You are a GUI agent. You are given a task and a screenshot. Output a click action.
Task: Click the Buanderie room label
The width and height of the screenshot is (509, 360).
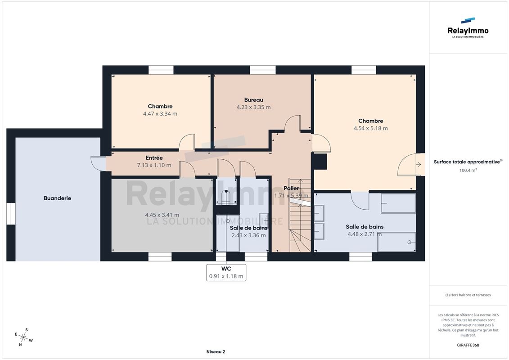[x=58, y=198]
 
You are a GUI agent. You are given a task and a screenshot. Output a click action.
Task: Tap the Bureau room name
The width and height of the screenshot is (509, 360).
[x=253, y=100]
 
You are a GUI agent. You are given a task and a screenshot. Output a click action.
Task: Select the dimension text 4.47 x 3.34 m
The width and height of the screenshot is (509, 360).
[x=160, y=113]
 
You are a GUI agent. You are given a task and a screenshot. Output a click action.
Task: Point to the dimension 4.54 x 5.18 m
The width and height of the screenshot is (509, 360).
[x=370, y=128]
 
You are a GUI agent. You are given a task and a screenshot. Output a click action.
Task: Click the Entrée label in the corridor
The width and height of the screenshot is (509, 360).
[x=154, y=158]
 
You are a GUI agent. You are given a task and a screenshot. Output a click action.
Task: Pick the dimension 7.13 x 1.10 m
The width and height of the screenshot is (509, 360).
[x=154, y=165]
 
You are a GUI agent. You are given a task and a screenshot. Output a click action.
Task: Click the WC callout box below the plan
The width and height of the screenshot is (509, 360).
[x=226, y=272]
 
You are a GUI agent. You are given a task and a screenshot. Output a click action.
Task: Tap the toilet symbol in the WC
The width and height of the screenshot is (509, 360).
[x=226, y=197]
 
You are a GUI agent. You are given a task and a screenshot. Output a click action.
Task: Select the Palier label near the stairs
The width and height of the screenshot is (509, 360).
[x=291, y=188]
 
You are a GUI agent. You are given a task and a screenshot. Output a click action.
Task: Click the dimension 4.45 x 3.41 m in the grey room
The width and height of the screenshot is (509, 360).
[x=162, y=215]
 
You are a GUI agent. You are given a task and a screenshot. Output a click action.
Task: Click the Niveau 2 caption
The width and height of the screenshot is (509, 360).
[x=216, y=351]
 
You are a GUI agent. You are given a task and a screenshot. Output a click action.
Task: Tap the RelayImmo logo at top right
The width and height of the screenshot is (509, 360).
[x=468, y=28]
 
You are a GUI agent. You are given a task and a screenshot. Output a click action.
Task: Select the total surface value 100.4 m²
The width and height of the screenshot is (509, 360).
[x=468, y=170]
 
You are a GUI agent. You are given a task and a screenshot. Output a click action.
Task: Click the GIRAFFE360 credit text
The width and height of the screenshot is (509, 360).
[x=468, y=345]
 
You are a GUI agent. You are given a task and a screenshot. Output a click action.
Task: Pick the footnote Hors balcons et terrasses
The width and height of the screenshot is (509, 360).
[x=468, y=295]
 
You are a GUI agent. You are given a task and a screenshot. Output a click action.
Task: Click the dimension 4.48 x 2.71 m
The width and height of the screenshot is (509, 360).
[x=365, y=234]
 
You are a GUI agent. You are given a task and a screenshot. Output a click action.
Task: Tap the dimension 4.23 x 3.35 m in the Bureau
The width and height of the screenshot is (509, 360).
[x=253, y=107]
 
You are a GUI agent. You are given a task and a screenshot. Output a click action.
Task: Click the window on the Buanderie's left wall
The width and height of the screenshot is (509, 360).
[x=11, y=214]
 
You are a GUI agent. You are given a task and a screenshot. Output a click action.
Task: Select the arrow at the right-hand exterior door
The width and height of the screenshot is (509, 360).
[x=419, y=165]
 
